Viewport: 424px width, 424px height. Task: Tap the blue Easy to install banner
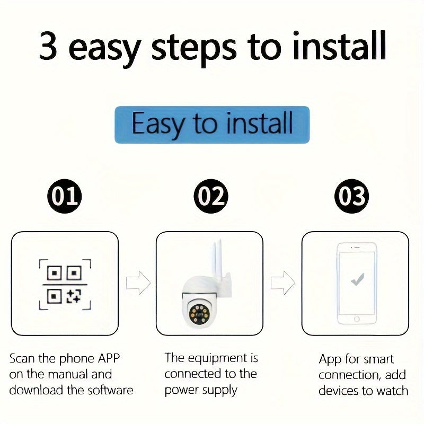[x=212, y=124]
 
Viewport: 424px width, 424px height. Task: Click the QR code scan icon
[x=65, y=284]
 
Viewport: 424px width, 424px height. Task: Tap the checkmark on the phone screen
[x=358, y=279]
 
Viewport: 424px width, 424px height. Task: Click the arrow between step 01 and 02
[x=138, y=283]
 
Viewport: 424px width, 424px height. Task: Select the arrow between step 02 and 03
[x=282, y=283]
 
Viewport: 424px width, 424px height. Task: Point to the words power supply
[x=201, y=391]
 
